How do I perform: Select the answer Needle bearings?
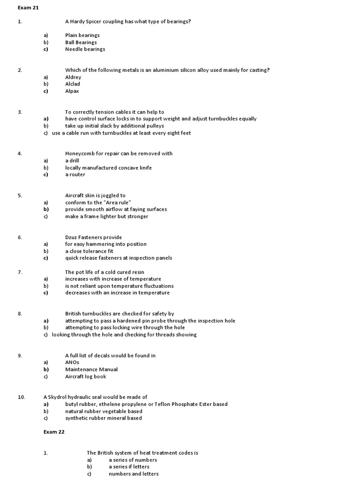click(x=85, y=49)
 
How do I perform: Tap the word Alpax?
click(x=72, y=91)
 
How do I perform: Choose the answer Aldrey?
click(x=73, y=77)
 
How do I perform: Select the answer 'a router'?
click(x=75, y=175)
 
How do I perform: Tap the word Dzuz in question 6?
click(x=72, y=237)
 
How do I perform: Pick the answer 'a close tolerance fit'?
click(x=89, y=251)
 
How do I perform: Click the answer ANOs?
click(x=72, y=362)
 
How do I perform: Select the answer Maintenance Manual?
click(x=91, y=369)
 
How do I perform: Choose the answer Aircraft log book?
click(x=86, y=376)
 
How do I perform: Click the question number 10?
click(x=21, y=397)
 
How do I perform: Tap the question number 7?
click(x=20, y=272)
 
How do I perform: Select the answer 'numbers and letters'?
click(x=134, y=474)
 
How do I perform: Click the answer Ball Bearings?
click(x=81, y=42)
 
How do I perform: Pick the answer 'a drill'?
click(x=72, y=161)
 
